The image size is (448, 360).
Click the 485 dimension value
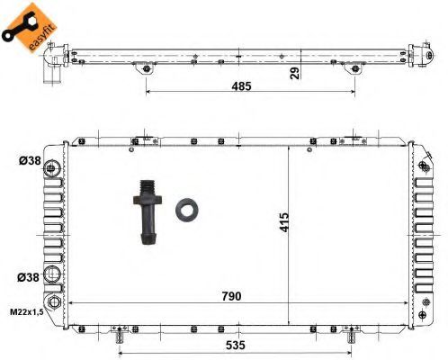click(x=241, y=86)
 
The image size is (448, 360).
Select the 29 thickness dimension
click(x=295, y=73)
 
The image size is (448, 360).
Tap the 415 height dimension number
click(x=284, y=222)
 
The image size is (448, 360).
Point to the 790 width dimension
click(x=231, y=296)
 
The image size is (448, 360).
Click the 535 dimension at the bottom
click(x=236, y=345)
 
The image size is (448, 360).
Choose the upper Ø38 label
click(x=30, y=161)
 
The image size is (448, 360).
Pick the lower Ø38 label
click(x=28, y=277)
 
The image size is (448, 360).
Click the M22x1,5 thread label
click(x=27, y=312)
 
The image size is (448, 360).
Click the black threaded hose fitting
click(x=148, y=212)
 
